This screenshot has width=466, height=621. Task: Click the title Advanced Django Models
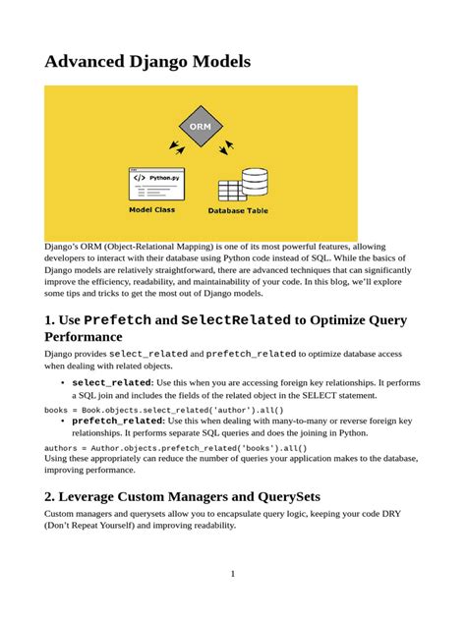[x=147, y=62]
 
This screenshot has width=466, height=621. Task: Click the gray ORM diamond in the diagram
[x=201, y=127]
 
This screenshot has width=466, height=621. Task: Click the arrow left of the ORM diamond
[x=176, y=146]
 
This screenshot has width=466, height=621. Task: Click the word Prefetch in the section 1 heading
[x=117, y=320]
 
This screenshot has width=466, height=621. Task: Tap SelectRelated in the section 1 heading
[x=234, y=320]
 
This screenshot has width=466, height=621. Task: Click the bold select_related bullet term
[x=111, y=381]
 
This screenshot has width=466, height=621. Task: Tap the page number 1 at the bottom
[x=232, y=573]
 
